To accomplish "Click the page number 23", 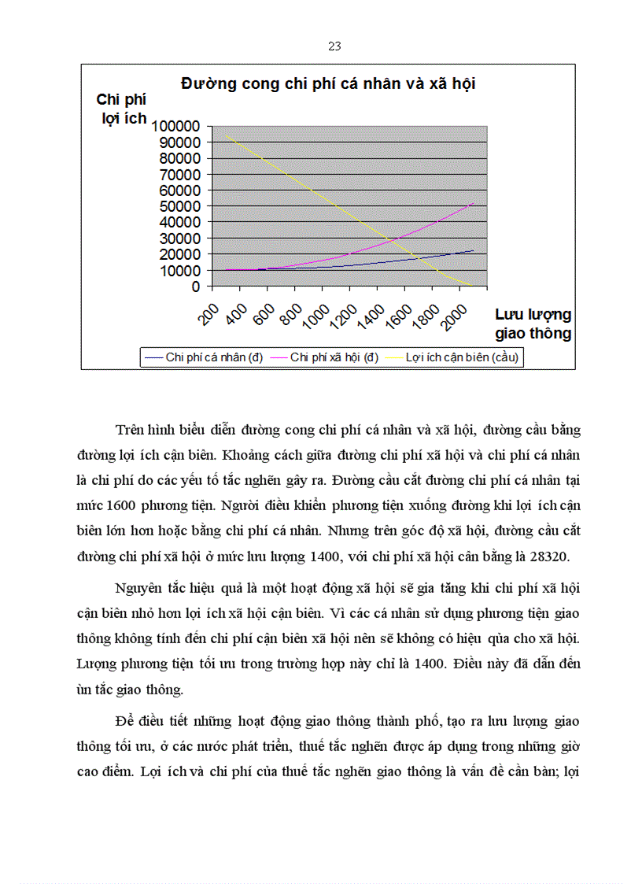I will point(334,46).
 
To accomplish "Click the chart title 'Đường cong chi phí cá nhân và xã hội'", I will point(328,83).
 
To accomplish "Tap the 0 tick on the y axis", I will point(196,287).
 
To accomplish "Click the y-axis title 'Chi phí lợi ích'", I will point(121,109).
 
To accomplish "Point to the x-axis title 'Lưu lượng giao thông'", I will point(533,324).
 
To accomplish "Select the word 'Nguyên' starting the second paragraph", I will point(138,588).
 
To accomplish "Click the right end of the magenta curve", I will point(474,202).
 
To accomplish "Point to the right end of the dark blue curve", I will point(474,250).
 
